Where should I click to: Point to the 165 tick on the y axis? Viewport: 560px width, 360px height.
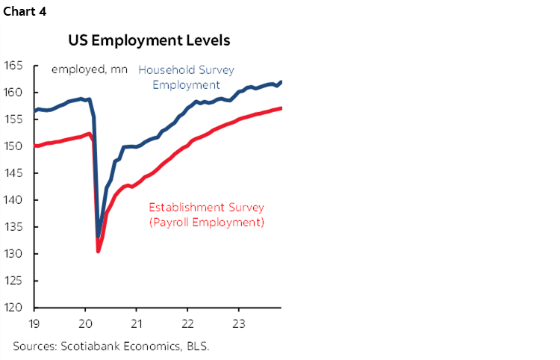point(13,66)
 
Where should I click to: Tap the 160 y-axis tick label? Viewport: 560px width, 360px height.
point(13,93)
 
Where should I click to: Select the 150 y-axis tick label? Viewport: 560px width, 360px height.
point(13,146)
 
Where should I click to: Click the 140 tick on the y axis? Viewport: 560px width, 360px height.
point(13,200)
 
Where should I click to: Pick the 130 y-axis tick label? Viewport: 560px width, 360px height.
point(13,254)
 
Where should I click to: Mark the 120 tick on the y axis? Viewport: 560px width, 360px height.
point(13,308)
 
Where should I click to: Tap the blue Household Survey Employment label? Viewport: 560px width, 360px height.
point(186,77)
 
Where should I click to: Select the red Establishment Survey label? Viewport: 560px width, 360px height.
point(207,214)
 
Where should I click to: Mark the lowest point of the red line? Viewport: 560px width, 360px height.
point(98,252)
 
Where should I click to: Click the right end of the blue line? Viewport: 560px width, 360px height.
point(281,82)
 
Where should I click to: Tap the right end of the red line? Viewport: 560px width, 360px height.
point(281,108)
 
